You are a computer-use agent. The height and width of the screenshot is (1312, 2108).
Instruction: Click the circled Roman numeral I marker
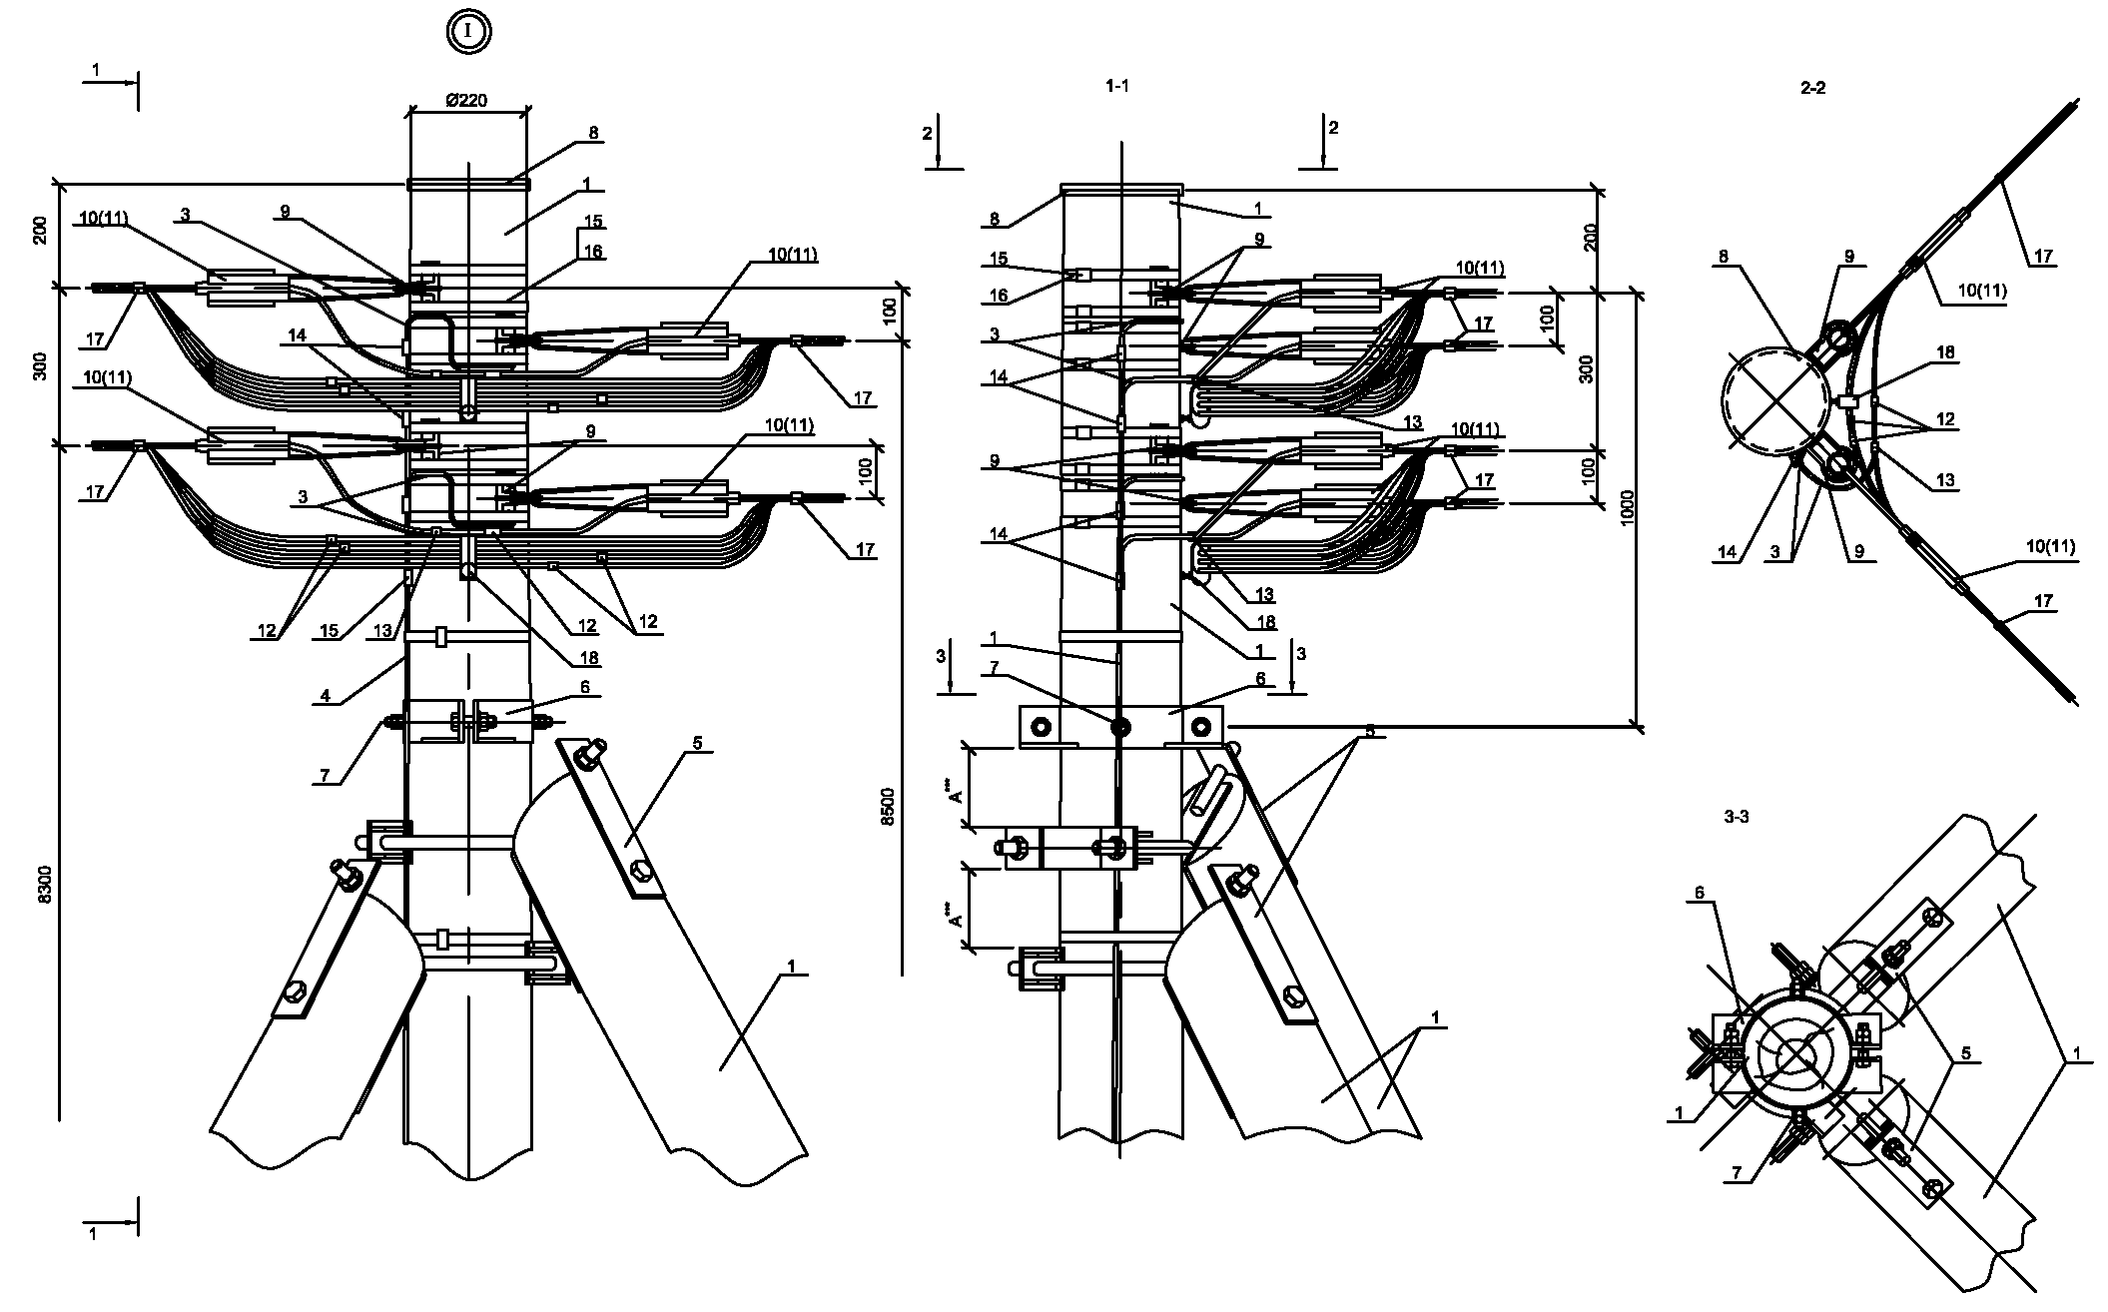(x=468, y=32)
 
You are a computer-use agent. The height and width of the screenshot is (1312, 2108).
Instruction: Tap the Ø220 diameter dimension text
(x=466, y=100)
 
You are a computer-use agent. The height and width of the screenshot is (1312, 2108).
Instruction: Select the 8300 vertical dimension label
(x=43, y=885)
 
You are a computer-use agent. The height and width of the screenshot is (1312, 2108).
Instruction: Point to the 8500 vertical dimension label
(x=888, y=806)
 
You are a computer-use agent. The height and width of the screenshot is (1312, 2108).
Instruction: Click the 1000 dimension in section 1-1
(x=1628, y=509)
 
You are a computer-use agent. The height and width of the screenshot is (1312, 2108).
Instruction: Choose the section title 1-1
(x=1117, y=87)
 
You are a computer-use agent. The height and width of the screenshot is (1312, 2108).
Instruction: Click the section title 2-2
(x=1812, y=88)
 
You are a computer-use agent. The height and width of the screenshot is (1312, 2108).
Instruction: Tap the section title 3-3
(x=1737, y=816)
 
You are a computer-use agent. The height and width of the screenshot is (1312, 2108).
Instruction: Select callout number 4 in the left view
(x=326, y=696)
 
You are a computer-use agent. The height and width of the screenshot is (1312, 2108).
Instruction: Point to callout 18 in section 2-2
(x=1945, y=352)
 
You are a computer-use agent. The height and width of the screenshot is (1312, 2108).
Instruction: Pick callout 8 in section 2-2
(x=1724, y=257)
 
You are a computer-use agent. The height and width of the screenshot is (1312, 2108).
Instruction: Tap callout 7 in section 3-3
(x=1738, y=1174)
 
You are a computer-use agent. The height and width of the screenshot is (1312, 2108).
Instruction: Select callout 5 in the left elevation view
(x=697, y=743)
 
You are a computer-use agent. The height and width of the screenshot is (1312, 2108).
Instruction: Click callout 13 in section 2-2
(x=1944, y=481)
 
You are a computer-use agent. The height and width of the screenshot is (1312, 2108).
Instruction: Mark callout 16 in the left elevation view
(x=594, y=251)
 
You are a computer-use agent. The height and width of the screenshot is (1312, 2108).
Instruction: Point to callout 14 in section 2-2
(x=1727, y=550)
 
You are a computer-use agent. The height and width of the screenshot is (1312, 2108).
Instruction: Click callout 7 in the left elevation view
(x=325, y=776)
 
